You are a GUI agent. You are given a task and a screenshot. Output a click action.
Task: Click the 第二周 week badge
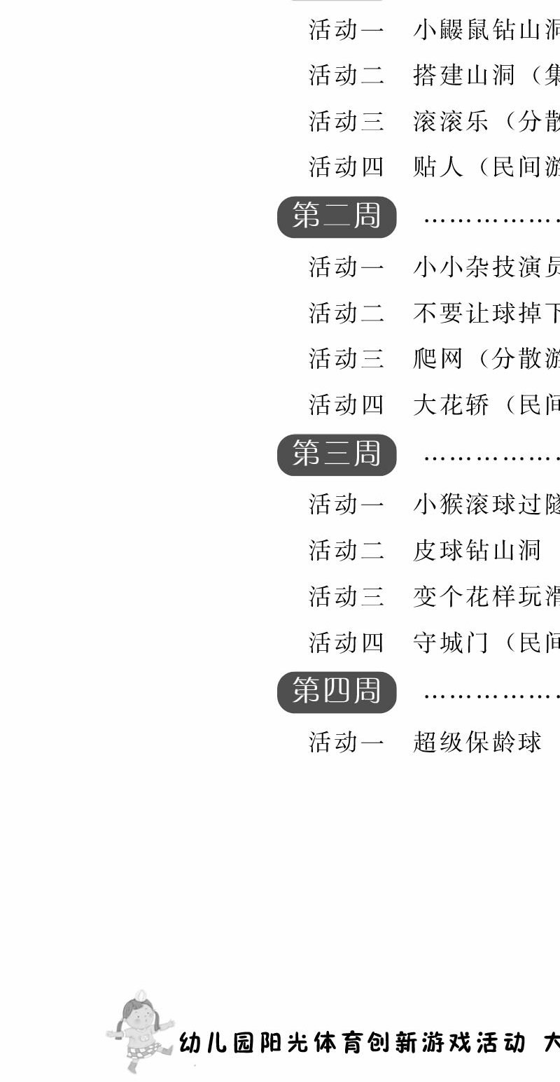pos(337,216)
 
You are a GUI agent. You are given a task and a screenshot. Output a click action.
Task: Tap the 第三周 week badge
pos(337,454)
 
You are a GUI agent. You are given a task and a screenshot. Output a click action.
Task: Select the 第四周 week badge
pos(337,692)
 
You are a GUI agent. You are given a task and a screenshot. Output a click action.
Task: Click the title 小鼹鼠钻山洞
pos(486,30)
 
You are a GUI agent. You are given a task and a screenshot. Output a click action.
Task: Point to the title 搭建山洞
pos(464,76)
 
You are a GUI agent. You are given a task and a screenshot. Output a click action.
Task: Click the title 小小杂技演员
pos(486,267)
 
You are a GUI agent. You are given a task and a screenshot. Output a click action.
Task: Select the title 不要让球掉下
pos(486,313)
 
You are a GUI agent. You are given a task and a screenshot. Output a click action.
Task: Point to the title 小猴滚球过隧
pos(486,505)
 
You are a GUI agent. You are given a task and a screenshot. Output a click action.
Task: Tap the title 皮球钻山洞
pos(477,550)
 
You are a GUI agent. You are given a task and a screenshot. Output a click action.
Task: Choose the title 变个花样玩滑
pos(486,596)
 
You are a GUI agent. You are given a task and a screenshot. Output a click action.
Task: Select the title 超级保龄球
pos(477,742)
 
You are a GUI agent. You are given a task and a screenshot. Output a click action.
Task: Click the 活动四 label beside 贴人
pos(346,167)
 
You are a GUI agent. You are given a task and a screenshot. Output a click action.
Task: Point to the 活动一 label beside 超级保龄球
pos(346,742)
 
